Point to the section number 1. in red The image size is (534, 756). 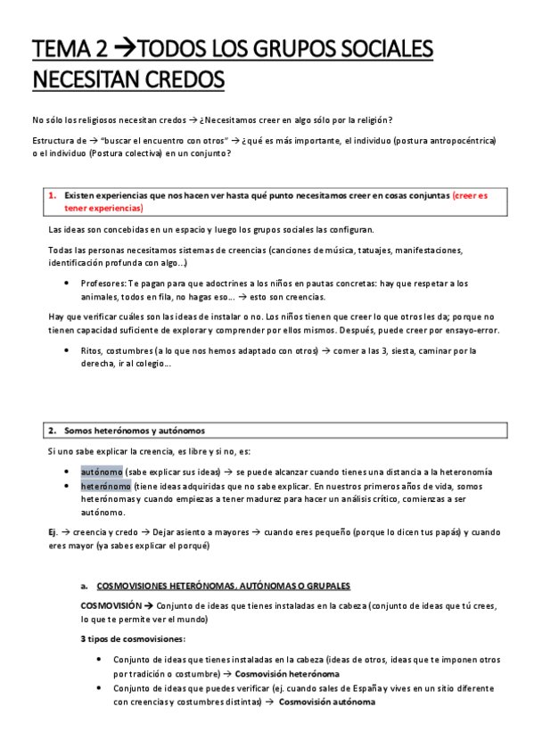[x=53, y=195]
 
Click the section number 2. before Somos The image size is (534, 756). [x=53, y=430]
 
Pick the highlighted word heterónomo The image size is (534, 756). [x=106, y=486]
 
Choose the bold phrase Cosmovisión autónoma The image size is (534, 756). [x=327, y=702]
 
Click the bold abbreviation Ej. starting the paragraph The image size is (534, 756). [x=53, y=532]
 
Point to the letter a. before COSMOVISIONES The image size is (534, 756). [x=83, y=586]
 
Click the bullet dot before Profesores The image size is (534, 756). [x=68, y=283]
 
